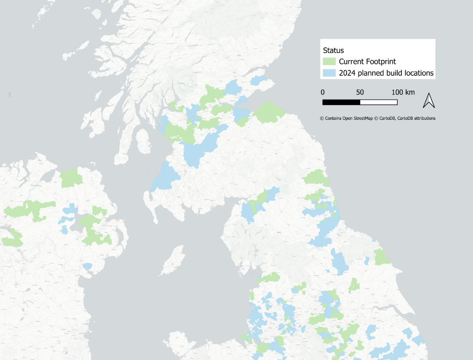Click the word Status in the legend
pos(333,50)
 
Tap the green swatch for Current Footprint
pos(329,62)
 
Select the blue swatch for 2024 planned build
pos(329,73)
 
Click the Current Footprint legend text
pos(367,62)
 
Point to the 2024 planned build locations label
pos(386,73)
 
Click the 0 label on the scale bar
pos(323,92)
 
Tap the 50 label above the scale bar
pos(360,92)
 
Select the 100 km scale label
pos(402,92)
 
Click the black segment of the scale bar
pos(341,102)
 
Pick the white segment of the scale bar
pos(379,102)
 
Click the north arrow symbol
pos(428,100)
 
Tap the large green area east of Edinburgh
pos(269,113)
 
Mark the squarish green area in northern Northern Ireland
pos(72,178)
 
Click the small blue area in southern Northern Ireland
pos(88,266)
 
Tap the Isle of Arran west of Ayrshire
pos(141,139)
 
